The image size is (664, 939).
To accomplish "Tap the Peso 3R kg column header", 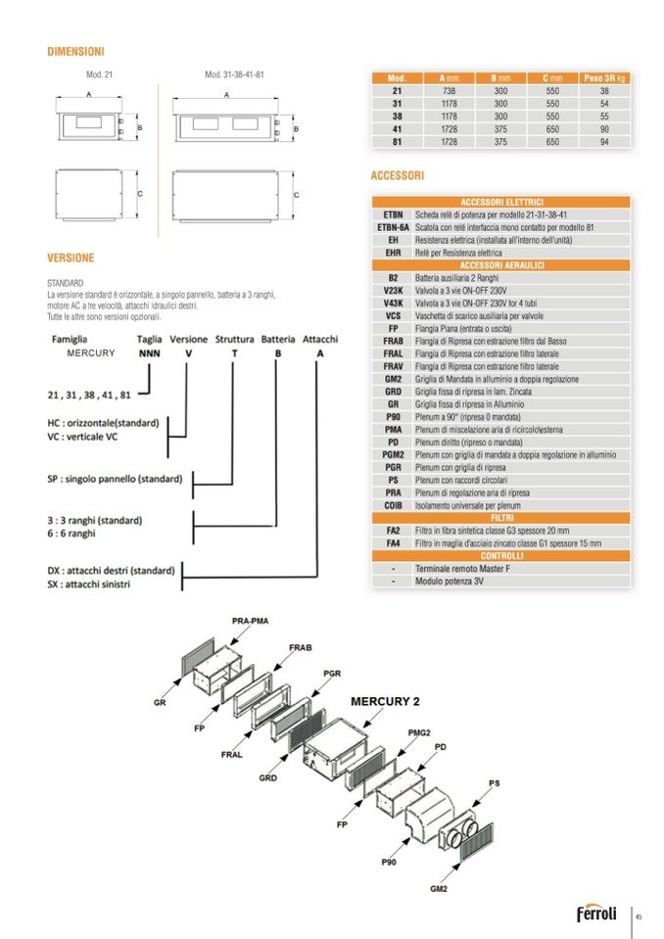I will [604, 76].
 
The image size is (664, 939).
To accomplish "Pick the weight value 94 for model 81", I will [604, 141].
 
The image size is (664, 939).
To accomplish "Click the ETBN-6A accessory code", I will [393, 226].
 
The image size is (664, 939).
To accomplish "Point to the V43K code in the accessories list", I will [393, 304].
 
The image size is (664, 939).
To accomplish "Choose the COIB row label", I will [393, 506].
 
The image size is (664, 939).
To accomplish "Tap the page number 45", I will [639, 916].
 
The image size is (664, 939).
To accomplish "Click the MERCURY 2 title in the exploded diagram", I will [387, 700].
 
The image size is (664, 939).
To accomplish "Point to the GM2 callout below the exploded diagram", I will [438, 889].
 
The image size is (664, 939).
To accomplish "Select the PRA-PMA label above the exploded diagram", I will [250, 621].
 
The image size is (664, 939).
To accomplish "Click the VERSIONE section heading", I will [71, 258].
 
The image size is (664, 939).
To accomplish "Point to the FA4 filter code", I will [393, 543].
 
